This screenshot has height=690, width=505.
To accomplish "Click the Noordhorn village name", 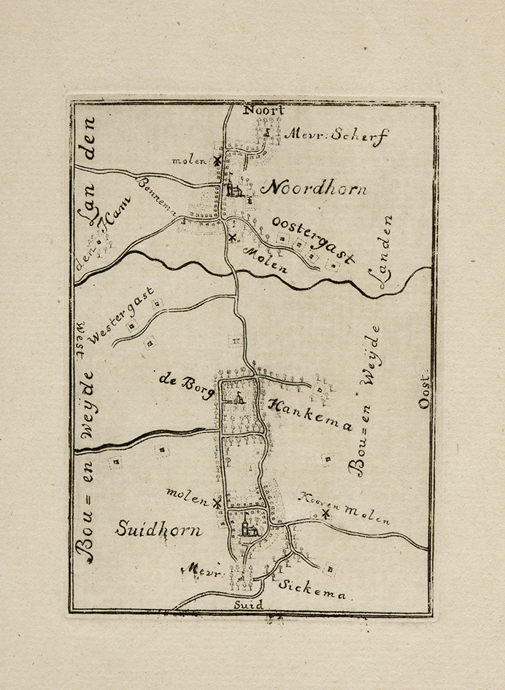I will click(x=314, y=188).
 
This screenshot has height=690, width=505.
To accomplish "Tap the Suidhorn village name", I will click(x=158, y=530).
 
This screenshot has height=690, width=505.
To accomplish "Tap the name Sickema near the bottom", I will click(x=312, y=589).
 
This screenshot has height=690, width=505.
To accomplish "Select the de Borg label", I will click(x=184, y=386).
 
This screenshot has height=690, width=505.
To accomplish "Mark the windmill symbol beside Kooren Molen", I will click(x=325, y=514).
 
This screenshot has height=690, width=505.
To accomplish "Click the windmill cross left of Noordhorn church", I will click(x=217, y=161).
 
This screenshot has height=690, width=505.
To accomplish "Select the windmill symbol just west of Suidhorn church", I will click(x=217, y=503).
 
